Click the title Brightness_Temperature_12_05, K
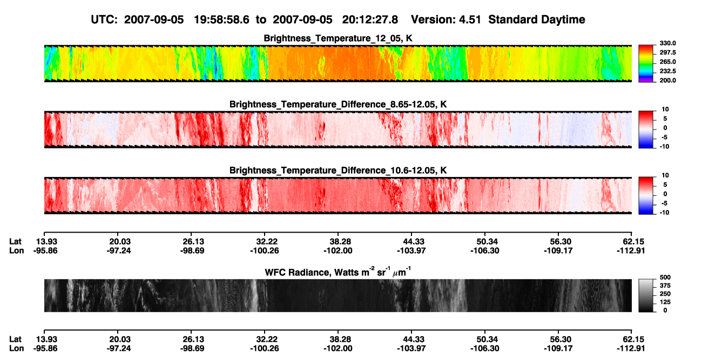(338, 38)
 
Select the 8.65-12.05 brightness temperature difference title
(338, 104)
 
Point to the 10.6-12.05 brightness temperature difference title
(338, 171)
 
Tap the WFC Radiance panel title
(338, 272)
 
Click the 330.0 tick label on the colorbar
(667, 43)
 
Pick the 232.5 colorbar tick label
(667, 71)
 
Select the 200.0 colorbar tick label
(667, 80)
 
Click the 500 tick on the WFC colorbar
(665, 277)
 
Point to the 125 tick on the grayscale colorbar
(665, 302)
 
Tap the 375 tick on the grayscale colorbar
(665, 286)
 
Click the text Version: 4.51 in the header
(446, 19)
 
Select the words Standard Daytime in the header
(537, 19)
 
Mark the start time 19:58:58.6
(221, 19)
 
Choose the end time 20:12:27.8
(370, 19)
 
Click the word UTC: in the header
(104, 19)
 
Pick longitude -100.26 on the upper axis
(264, 250)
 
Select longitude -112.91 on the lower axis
(631, 349)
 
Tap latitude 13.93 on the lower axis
(46, 339)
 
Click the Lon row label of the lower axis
(17, 349)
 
